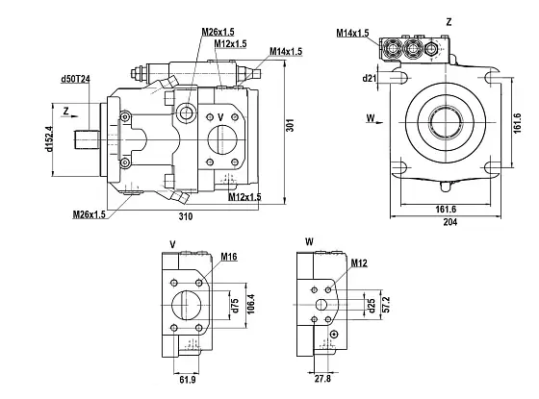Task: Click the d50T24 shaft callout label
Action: tap(75, 79)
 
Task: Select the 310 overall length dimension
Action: tap(186, 216)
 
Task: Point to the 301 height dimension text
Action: tap(291, 125)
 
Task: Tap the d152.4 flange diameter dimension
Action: tap(49, 139)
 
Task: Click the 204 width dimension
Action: tap(450, 222)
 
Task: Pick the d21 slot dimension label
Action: tap(369, 78)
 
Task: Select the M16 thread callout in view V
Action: tap(229, 257)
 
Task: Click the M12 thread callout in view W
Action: tap(359, 263)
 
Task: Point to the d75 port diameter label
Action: tap(235, 306)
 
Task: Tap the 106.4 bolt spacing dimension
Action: tap(251, 304)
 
